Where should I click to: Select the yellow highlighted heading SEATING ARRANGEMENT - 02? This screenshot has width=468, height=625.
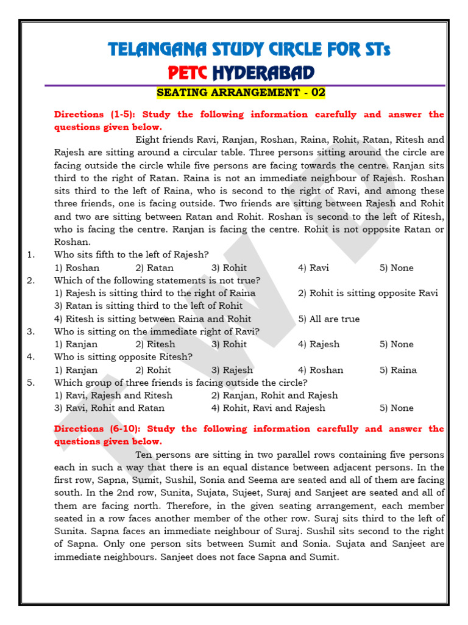tap(241, 93)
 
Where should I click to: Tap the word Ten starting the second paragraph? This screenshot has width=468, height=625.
tap(144, 455)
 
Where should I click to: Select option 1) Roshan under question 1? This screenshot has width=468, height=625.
tap(77, 268)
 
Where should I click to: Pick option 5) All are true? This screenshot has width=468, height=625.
tap(328, 319)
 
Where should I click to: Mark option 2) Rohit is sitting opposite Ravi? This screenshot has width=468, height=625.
tap(367, 293)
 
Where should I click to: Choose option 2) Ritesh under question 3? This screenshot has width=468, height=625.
tap(155, 344)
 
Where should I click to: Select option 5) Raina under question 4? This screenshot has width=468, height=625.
tap(398, 370)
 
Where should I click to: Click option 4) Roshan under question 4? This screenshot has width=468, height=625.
tap(321, 370)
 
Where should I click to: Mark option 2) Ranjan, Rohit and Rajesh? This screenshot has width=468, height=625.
tap(266, 395)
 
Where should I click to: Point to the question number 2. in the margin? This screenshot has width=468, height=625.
tap(30, 280)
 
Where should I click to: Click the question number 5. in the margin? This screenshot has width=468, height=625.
tap(30, 383)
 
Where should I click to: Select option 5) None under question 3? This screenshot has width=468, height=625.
tap(396, 344)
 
